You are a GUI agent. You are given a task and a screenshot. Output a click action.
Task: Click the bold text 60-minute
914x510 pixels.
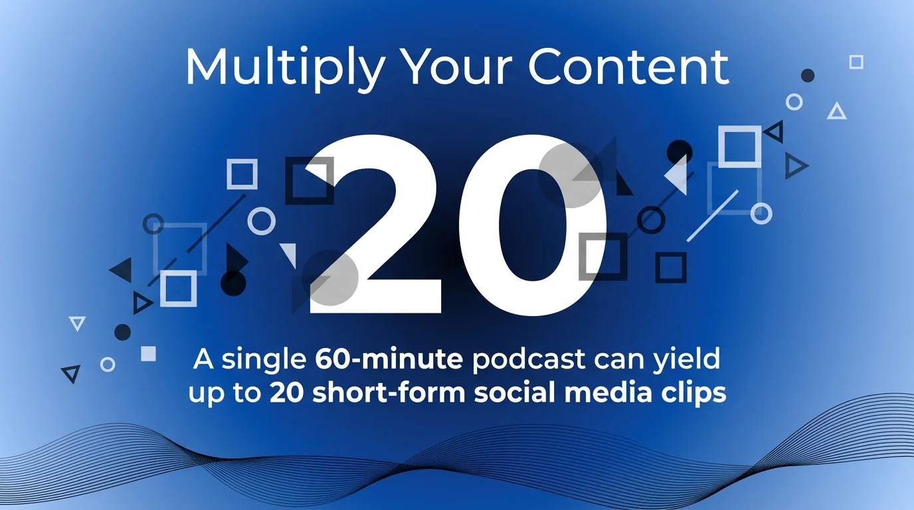(x=389, y=359)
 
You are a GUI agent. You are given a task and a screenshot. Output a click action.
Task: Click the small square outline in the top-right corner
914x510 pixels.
(x=856, y=62)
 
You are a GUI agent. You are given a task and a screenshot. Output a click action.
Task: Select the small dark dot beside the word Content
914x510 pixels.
(x=808, y=75)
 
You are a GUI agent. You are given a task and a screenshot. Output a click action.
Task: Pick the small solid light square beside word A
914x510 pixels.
(x=148, y=353)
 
